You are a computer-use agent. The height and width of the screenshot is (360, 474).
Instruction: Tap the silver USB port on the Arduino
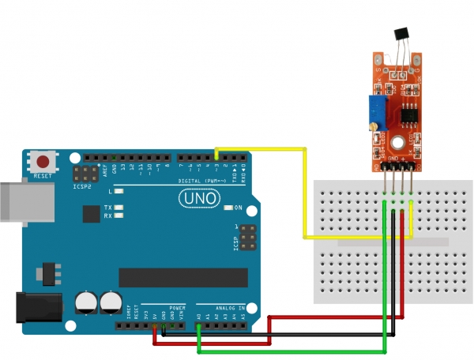(x=24, y=204)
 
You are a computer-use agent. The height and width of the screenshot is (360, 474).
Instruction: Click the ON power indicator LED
(x=228, y=208)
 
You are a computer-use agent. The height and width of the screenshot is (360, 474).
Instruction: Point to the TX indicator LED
(x=119, y=208)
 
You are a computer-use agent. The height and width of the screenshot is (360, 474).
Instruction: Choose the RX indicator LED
(x=119, y=215)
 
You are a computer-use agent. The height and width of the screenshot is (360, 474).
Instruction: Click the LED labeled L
(x=119, y=191)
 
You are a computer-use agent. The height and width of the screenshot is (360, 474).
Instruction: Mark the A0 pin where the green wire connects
(x=198, y=323)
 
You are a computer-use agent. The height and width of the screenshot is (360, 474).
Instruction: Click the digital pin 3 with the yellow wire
(x=216, y=158)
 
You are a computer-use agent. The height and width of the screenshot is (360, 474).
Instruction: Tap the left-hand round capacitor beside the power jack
(x=85, y=301)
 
